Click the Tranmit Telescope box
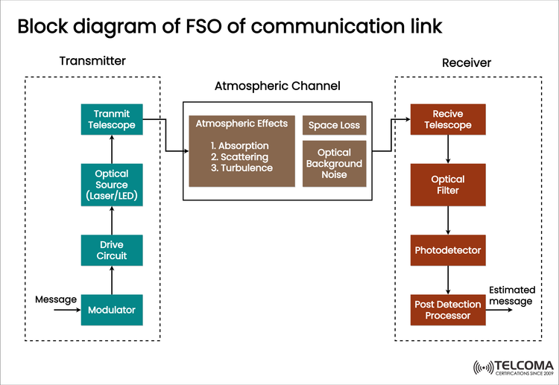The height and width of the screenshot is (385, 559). click(111, 119)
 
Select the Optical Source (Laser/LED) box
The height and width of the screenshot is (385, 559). click(111, 185)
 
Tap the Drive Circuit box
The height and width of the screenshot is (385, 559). click(111, 250)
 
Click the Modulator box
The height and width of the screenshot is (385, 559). click(111, 309)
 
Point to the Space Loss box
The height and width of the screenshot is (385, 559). click(334, 125)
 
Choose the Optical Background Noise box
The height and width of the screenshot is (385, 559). click(334, 163)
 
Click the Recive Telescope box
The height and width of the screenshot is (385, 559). click(448, 119)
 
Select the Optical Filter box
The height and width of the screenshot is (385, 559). click(448, 185)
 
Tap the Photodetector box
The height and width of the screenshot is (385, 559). click(448, 250)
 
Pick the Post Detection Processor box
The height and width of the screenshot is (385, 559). click(448, 310)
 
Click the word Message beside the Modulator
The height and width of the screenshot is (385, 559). click(56, 299)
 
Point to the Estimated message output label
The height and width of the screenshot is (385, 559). click(511, 296)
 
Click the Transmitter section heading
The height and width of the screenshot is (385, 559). click(92, 60)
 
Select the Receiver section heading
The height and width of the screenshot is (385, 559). click(467, 63)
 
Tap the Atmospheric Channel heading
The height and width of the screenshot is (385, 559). click(277, 86)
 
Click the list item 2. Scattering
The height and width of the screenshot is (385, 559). click(241, 156)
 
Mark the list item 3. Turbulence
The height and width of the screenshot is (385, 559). click(241, 168)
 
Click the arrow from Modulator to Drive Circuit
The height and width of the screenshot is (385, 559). click(111, 280)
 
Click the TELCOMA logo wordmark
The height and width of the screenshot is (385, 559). click(519, 366)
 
